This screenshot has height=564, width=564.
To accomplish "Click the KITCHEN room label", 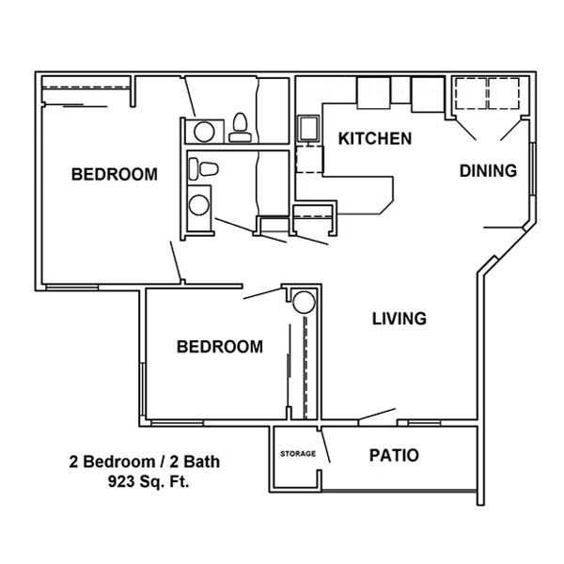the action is pos(375,139).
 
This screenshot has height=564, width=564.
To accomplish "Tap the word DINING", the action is pos(488,171).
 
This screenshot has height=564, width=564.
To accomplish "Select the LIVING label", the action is pos(399,319).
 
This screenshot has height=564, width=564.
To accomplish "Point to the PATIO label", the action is pos(394,455).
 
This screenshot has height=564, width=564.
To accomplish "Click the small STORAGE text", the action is pos(298,454).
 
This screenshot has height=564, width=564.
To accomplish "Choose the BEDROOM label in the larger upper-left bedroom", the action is pos(115,175).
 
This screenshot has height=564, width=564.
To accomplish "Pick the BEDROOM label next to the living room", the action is pos(220,347).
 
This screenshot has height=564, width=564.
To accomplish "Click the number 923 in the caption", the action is pos(119,481).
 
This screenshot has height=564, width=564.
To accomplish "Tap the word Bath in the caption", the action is pos(200,462).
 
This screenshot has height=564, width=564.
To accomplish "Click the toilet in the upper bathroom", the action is pos(240,128).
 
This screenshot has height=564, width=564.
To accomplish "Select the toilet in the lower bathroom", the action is pos(204,168).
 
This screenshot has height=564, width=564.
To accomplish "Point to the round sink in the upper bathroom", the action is pos(204,132).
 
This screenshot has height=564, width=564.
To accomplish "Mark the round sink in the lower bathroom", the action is pos(199,205).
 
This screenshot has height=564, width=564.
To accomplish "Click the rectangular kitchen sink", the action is pos(308,129).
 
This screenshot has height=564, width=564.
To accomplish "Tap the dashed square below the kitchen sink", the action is pos(309,160).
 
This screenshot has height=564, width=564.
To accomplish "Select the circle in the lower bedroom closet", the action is pos(304,302).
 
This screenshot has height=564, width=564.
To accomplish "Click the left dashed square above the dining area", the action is pos(472,94).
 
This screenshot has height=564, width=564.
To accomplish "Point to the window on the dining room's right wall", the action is pos(533,169).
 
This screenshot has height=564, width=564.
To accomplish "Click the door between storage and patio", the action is pos(325,446).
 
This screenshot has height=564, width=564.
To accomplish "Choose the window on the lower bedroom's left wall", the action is pos(143,389).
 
